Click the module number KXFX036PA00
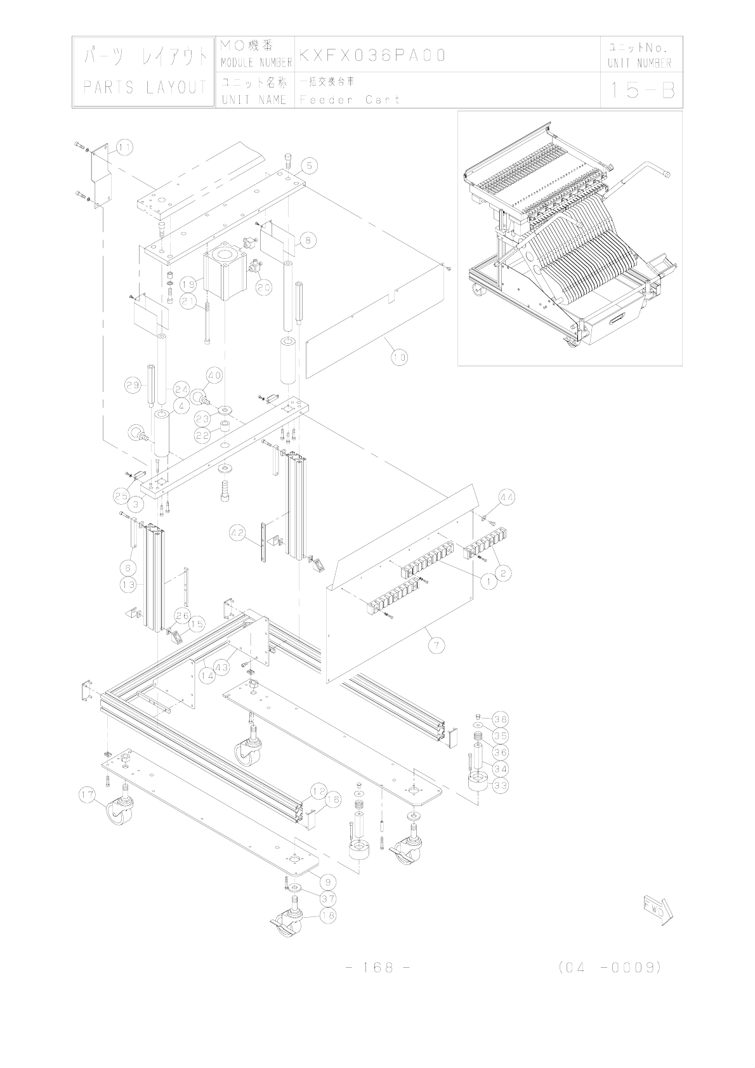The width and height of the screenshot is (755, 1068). (372, 56)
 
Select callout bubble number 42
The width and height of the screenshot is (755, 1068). (239, 534)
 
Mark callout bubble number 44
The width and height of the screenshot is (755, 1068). (506, 498)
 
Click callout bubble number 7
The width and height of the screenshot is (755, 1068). (436, 646)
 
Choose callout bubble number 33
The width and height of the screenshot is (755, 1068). (501, 785)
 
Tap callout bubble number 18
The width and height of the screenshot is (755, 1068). (327, 916)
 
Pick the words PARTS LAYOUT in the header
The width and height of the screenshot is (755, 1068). (145, 87)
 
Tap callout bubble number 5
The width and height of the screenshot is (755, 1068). (308, 166)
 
